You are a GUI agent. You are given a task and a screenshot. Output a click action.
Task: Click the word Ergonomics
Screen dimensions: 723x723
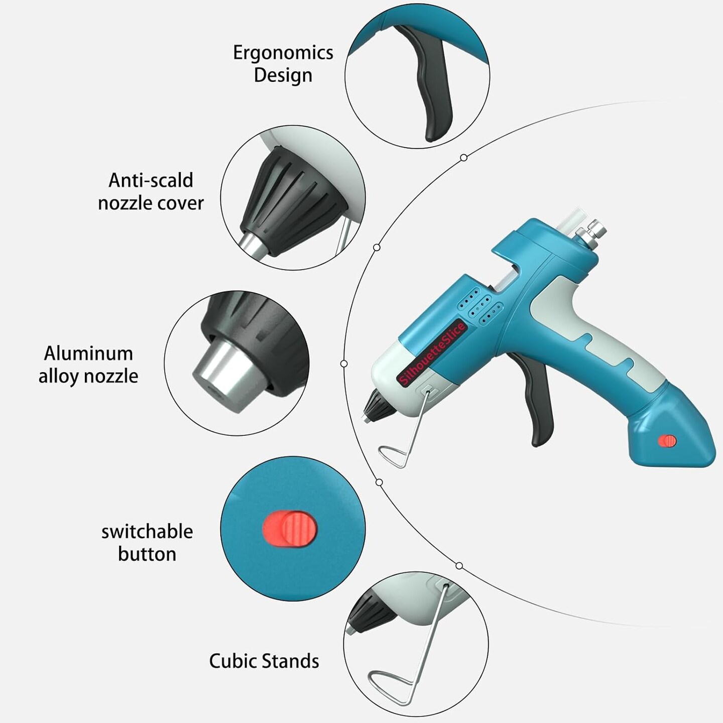tap(283, 53)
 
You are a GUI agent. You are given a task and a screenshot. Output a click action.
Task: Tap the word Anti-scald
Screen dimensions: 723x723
tap(151, 180)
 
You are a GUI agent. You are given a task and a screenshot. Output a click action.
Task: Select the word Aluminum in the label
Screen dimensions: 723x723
tap(88, 353)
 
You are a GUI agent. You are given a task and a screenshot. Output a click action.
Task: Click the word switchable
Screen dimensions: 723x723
tap(147, 532)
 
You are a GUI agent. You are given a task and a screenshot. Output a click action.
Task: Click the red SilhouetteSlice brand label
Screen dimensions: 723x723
tap(432, 354)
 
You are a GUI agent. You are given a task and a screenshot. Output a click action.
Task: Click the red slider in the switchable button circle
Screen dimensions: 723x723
tap(291, 528)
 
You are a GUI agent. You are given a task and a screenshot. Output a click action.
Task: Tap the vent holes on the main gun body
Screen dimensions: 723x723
tap(479, 304)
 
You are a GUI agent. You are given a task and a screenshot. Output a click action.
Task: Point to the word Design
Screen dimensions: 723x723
tap(283, 75)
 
